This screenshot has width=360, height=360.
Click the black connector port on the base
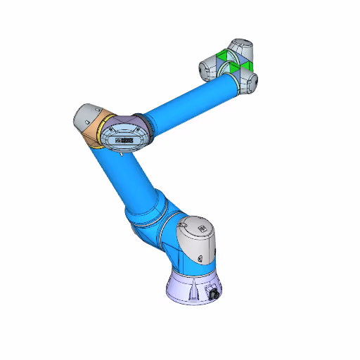click(x=210, y=295)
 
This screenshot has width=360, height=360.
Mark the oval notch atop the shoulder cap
click(x=184, y=225)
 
